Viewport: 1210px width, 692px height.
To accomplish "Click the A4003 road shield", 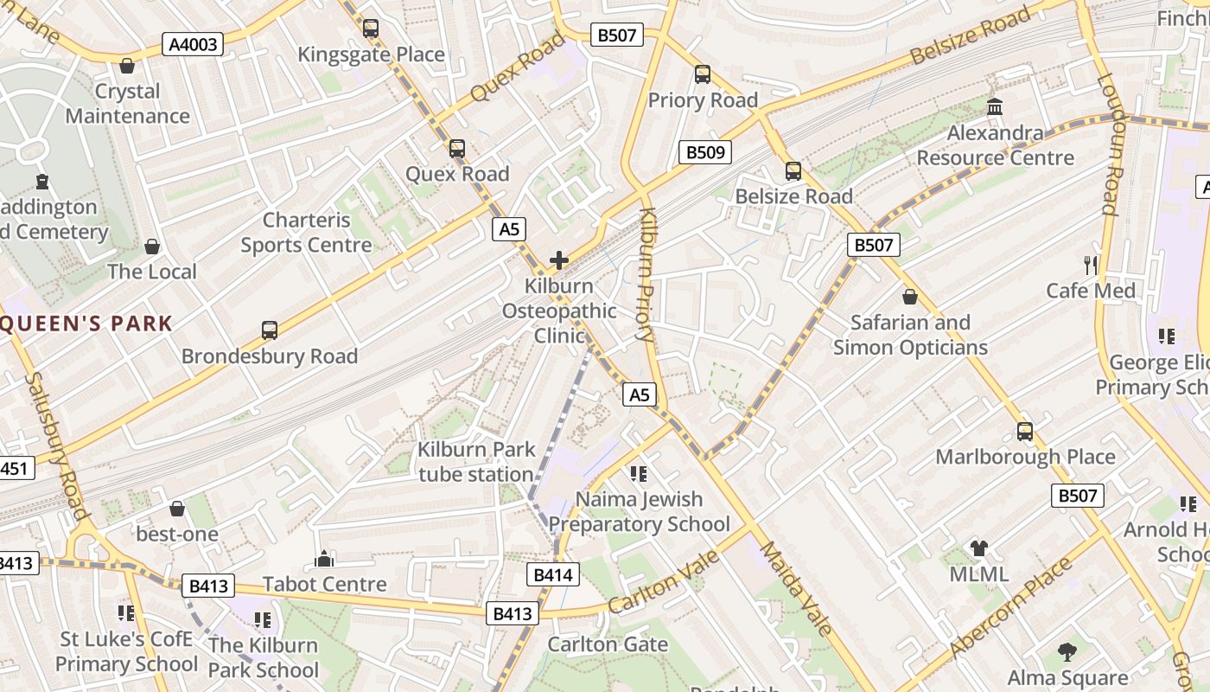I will [193, 44].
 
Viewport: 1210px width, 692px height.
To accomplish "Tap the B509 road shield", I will [704, 152].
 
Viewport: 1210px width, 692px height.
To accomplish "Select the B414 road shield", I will [552, 574].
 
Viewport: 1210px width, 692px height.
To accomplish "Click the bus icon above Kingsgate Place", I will [371, 29].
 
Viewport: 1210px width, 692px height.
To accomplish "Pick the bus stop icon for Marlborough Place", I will [1025, 431].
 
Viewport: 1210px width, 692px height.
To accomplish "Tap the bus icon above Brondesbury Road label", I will [270, 330].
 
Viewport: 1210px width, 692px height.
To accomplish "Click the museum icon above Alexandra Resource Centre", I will [995, 107].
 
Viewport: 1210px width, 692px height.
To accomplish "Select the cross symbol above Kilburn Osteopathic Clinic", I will [559, 259].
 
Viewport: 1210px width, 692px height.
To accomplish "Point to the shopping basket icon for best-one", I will [177, 509].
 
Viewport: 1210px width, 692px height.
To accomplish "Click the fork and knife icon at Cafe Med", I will [1091, 265].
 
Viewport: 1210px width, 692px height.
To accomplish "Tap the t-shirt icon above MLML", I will [978, 548].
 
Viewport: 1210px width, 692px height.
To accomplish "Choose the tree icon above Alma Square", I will [1067, 651].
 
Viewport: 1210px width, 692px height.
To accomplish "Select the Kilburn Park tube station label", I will [476, 462].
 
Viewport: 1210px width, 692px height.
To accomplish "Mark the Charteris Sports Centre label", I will [306, 233].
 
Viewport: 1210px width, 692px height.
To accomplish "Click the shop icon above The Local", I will [152, 247].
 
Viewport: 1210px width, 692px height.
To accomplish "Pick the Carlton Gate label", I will [608, 644].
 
